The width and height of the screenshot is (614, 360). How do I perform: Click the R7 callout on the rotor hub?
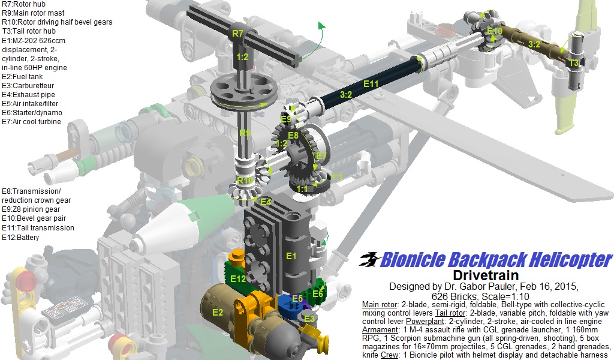pos(238,34)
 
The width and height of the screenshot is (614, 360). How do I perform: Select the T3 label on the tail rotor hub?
pos(574,62)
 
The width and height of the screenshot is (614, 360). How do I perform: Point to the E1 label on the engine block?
pos(291,256)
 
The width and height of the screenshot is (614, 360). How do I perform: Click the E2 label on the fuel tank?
pos(217,312)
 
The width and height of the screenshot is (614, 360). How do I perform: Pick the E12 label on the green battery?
pos(238,278)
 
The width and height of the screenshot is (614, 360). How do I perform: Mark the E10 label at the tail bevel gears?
pos(495,31)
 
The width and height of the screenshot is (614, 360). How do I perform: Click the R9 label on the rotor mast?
pos(244,133)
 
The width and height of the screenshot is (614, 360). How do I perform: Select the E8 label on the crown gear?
pos(293,136)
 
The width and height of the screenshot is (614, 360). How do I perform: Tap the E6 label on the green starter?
pos(317,293)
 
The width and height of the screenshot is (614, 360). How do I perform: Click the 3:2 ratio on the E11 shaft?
pos(346,94)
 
